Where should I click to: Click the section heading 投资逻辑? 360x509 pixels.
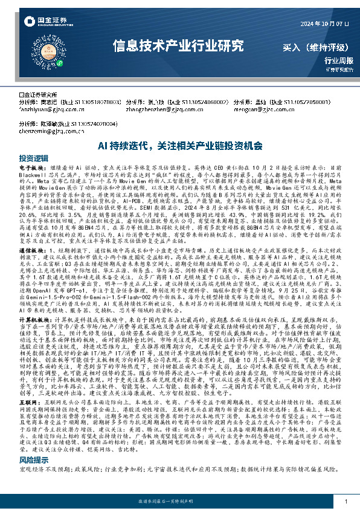(x=30, y=157)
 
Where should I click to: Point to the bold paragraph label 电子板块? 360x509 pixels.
(x=31, y=165)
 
